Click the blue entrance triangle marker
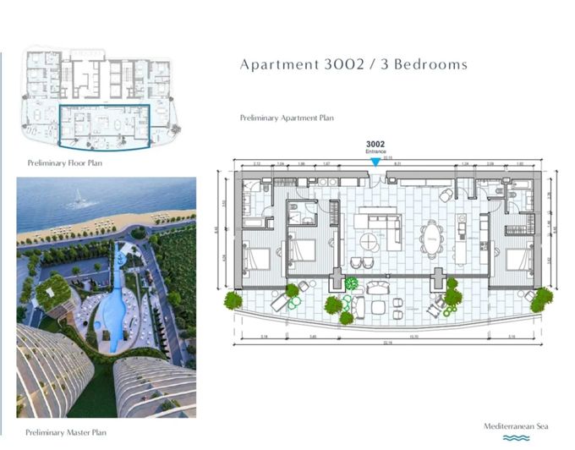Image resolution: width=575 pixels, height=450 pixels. coord(375,162)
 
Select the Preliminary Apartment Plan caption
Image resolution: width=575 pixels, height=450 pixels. coord(287,118)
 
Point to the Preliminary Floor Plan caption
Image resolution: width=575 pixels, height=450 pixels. coord(65,162)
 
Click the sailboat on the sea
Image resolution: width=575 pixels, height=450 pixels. coord(79,197)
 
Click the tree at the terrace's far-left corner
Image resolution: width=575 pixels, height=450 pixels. coord(233,299)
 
